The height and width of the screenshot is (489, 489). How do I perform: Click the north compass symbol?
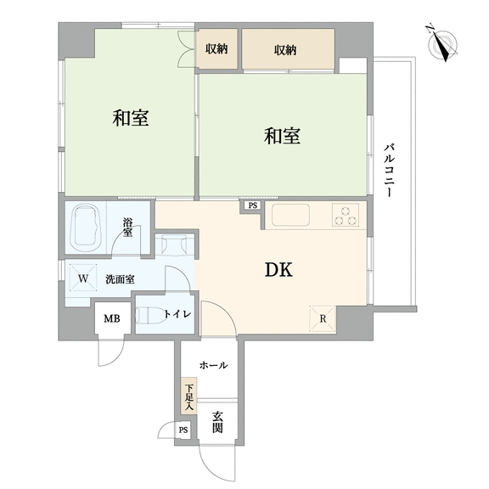pyautogui.click(x=442, y=42)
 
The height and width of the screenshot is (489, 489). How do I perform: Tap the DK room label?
pyautogui.click(x=278, y=270)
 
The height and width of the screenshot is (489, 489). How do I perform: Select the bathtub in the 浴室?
pyautogui.click(x=87, y=228)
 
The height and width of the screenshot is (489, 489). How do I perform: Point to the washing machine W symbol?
pyautogui.click(x=83, y=278)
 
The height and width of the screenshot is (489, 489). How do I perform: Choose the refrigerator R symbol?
pyautogui.click(x=323, y=318)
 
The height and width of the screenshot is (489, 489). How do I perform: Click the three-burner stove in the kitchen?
pyautogui.click(x=346, y=215)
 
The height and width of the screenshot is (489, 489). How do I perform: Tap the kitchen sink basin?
pyautogui.click(x=290, y=215)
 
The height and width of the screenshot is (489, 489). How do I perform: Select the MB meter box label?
pyautogui.click(x=112, y=318)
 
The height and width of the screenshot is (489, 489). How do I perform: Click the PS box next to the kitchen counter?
pyautogui.click(x=253, y=205)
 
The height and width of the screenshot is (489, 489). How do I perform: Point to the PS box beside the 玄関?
pyautogui.click(x=183, y=430)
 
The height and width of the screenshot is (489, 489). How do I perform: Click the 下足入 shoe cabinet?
pyautogui.click(x=189, y=396)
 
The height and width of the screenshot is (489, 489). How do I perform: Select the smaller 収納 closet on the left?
pyautogui.click(x=216, y=49)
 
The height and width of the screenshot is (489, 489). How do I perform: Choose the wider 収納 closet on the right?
pyautogui.click(x=288, y=49)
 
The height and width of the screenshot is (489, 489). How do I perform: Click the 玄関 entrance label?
pyautogui.click(x=217, y=422)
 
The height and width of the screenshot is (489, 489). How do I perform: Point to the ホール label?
pyautogui.click(x=214, y=365)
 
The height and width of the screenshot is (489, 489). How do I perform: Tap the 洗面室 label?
pyautogui.click(x=120, y=279)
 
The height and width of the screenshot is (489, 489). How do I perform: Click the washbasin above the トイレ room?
pyautogui.click(x=174, y=244)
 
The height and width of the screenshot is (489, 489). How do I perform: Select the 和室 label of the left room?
pyautogui.click(x=131, y=118)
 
